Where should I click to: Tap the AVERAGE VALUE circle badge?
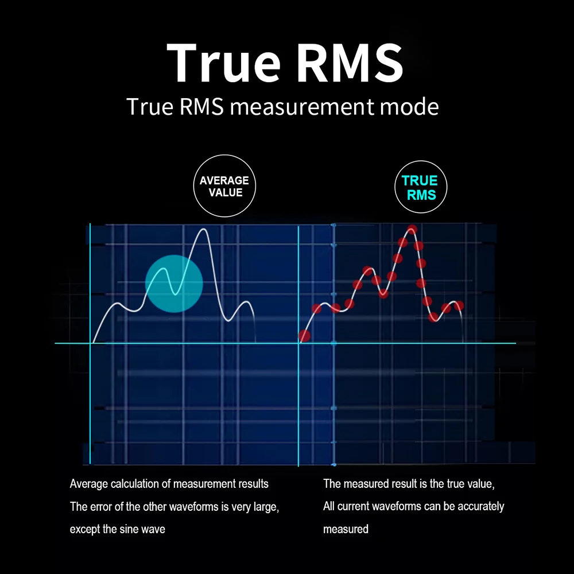pyautogui.click(x=224, y=187)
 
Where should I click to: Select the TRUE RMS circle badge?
pyautogui.click(x=421, y=188)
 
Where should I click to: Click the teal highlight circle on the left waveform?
pyautogui.click(x=174, y=284)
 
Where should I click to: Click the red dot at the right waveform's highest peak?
pyautogui.click(x=412, y=230)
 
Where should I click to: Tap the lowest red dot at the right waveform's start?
pyautogui.click(x=304, y=335)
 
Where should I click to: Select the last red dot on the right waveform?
pyautogui.click(x=459, y=305)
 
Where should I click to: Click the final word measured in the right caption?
pyautogui.click(x=346, y=529)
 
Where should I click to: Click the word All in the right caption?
pyautogui.click(x=329, y=506)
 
